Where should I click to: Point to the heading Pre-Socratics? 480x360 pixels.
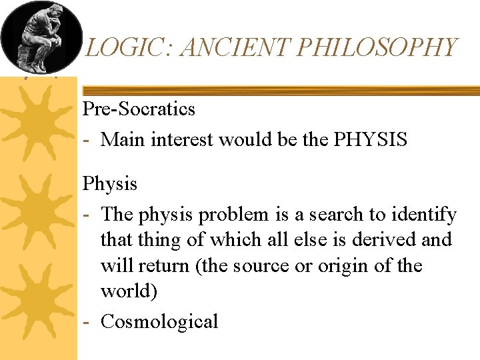139,109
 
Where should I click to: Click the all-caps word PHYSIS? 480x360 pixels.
371,140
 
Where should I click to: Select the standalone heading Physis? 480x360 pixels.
109,183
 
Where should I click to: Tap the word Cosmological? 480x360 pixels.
159,321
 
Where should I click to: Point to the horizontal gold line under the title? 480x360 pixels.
280,90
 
